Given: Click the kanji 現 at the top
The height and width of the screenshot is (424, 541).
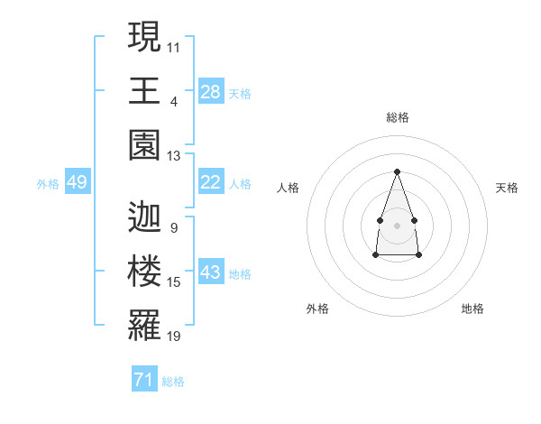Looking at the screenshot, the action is [x=144, y=36].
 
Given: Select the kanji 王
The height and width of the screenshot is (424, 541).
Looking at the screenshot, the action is [x=144, y=90].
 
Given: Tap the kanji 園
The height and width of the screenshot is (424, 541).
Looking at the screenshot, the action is [x=144, y=145].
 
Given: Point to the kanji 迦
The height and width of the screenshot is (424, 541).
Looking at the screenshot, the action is [x=144, y=217].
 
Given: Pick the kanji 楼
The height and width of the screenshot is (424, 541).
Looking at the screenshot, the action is [x=144, y=271].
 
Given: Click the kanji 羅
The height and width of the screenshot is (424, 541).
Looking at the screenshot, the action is [x=144, y=325].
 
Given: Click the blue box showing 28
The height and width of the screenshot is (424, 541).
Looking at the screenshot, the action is [x=211, y=91].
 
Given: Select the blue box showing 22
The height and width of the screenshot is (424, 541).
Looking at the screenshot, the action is [x=211, y=181].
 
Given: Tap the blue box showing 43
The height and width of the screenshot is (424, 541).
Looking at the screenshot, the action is [x=211, y=271].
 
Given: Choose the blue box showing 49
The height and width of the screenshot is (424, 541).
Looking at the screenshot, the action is [x=78, y=181].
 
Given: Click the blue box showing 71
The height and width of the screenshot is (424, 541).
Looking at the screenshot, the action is [x=144, y=378].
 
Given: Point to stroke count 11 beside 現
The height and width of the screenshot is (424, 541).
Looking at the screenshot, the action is [x=173, y=48].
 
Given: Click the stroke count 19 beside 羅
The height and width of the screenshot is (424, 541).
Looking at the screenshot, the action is [x=173, y=336].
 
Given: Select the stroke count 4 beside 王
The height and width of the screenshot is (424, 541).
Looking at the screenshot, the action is [x=174, y=102].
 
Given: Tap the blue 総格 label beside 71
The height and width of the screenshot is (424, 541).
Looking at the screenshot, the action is [x=173, y=382].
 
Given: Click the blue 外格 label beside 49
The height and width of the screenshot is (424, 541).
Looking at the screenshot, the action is [x=48, y=184].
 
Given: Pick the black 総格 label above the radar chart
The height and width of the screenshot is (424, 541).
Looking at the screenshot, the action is [x=398, y=117].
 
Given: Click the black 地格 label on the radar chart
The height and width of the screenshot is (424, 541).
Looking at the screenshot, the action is [x=472, y=309].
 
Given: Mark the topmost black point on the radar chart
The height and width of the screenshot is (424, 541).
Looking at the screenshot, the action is [x=397, y=171].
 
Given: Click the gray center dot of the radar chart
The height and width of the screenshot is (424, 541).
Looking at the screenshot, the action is [x=397, y=226].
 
